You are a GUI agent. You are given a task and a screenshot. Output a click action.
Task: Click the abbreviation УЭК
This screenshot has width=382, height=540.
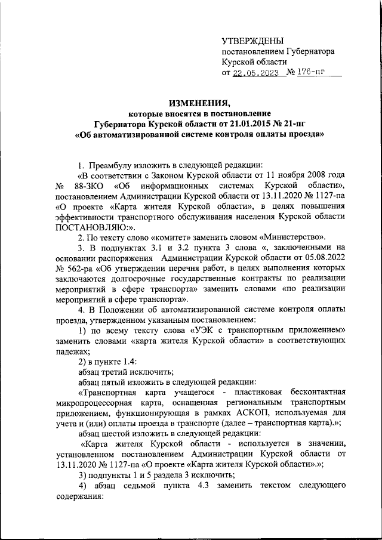[203, 329]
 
